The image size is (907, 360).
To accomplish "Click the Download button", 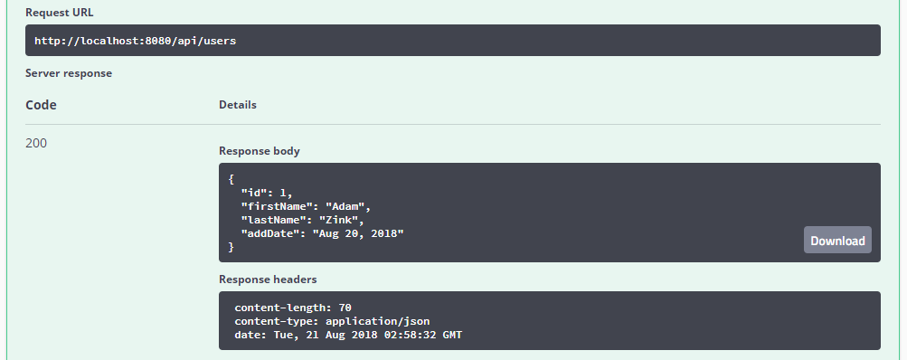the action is [x=837, y=241].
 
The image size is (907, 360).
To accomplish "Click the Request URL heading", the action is [x=60, y=14].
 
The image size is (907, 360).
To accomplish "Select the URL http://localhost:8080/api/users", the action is [x=136, y=41].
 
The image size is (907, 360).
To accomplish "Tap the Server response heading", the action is [x=69, y=72].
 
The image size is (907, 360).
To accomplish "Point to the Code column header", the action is [x=41, y=105].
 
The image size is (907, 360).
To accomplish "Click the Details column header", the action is [x=238, y=105].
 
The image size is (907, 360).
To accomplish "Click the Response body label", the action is [x=260, y=151].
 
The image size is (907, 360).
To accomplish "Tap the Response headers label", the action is [x=268, y=279].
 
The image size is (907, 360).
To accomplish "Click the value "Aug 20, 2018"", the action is [x=358, y=233].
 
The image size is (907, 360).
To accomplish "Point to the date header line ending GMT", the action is [x=349, y=335].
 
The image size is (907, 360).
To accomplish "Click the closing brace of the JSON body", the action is [x=231, y=247].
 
